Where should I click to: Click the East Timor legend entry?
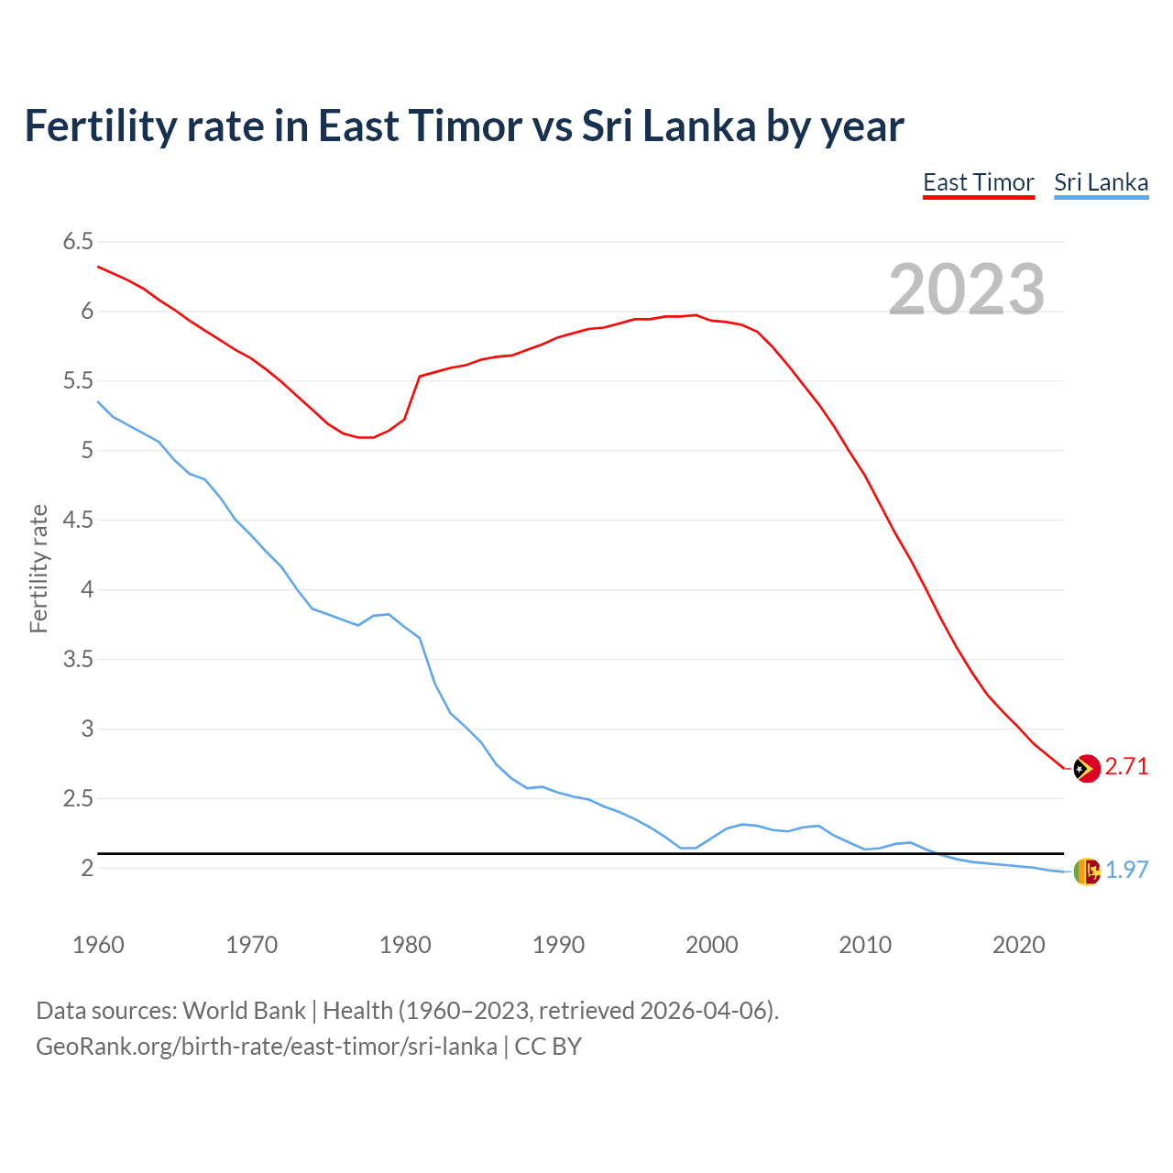(978, 182)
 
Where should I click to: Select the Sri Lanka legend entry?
(1101, 182)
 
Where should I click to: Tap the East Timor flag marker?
(1086, 768)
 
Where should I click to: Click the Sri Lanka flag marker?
(1086, 872)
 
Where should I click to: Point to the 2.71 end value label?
(1126, 767)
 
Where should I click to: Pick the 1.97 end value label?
(1126, 871)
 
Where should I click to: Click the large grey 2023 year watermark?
(967, 290)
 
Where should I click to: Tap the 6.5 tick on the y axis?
(78, 242)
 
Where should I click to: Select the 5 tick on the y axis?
(87, 451)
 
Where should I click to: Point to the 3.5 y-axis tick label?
(78, 660)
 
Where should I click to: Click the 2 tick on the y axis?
(87, 869)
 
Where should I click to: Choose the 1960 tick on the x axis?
(98, 945)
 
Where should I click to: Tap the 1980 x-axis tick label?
(405, 945)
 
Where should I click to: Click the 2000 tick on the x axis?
(712, 945)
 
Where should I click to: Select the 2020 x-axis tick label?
(1018, 945)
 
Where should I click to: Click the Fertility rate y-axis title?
(38, 568)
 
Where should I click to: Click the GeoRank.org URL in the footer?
(267, 1047)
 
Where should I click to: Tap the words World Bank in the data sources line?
(244, 1011)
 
